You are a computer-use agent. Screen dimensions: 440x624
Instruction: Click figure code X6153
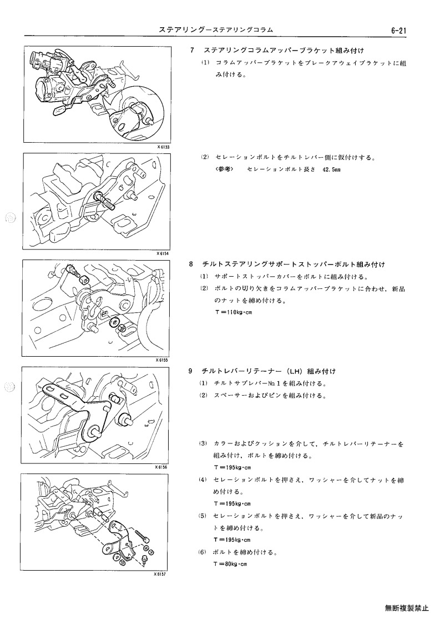pyautogui.click(x=163, y=147)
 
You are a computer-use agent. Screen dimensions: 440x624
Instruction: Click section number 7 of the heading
pyautogui.click(x=192, y=51)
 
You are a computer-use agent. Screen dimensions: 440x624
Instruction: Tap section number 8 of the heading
pyautogui.click(x=191, y=264)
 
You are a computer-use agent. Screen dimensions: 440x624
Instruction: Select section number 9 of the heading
pyautogui.click(x=191, y=371)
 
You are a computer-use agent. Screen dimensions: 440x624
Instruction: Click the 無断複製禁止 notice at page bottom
pyautogui.click(x=407, y=608)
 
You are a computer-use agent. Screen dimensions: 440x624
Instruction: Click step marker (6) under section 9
pyautogui.click(x=203, y=552)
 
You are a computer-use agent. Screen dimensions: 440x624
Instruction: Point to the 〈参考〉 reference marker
pyautogui.click(x=225, y=169)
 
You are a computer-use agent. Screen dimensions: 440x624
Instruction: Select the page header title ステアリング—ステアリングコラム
pyautogui.click(x=216, y=30)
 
